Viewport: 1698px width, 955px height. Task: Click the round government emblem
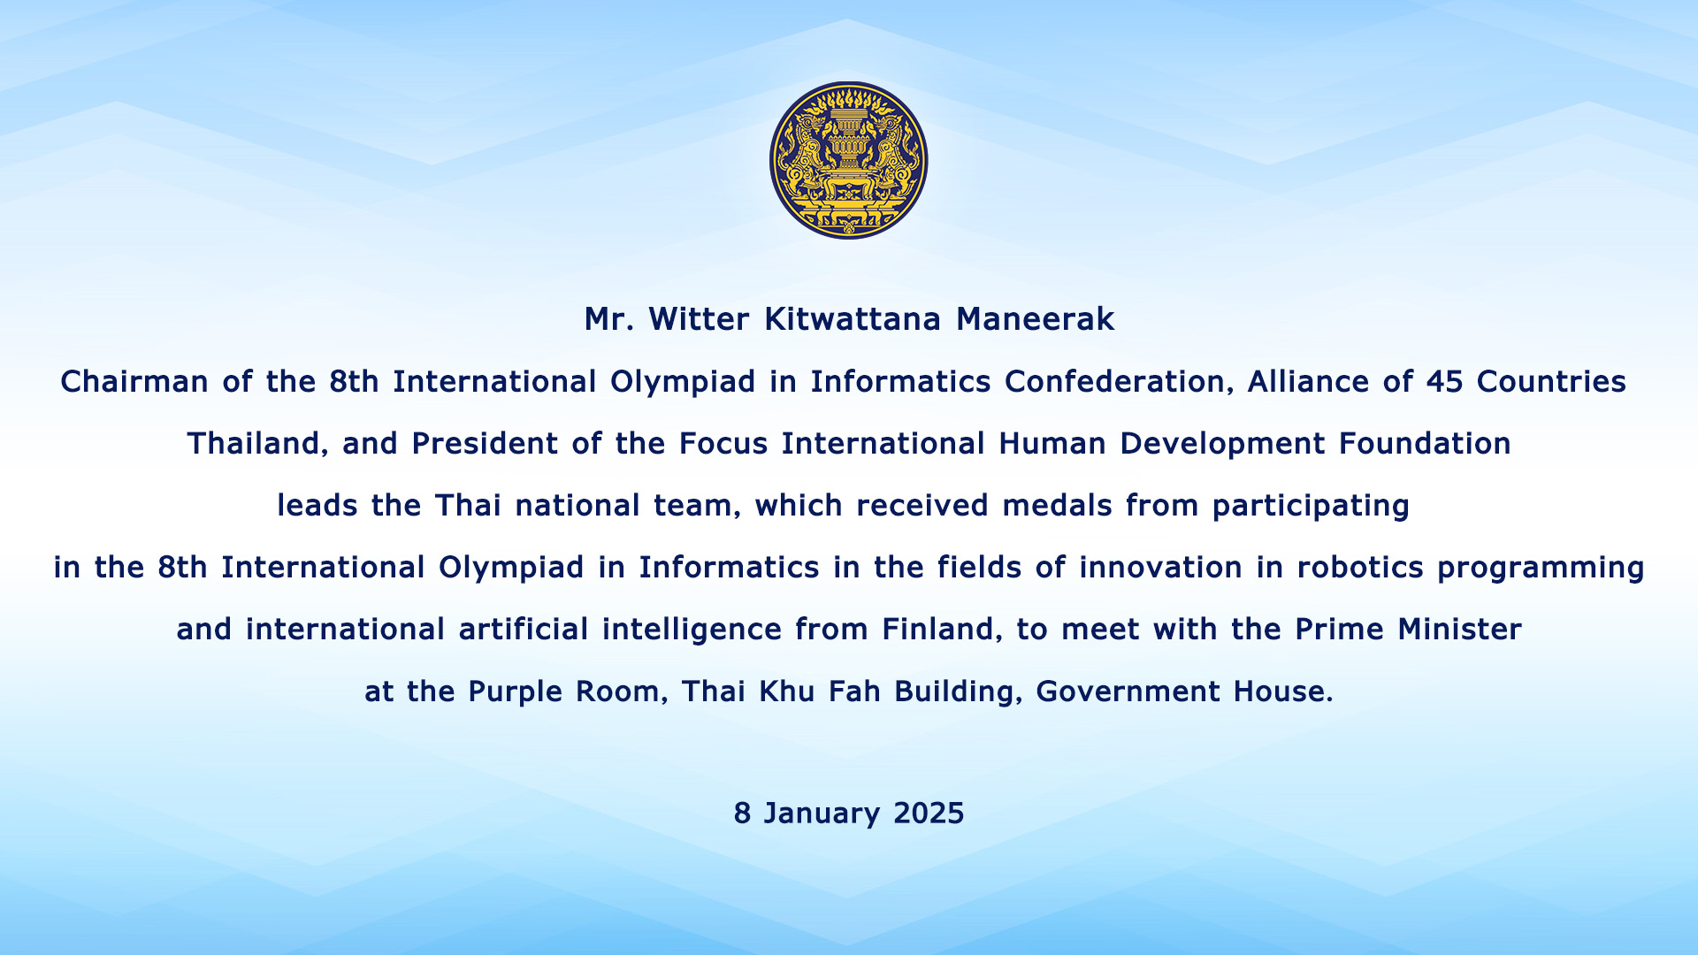point(848,160)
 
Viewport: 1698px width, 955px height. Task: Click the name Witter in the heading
point(700,319)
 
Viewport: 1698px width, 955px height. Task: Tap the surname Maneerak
point(1035,319)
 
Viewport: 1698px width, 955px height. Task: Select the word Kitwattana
point(853,319)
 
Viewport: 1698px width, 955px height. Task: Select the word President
point(485,444)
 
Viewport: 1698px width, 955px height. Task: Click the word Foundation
point(1425,444)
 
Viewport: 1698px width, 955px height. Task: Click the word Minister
point(1459,630)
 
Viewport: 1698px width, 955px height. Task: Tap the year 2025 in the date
point(929,814)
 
